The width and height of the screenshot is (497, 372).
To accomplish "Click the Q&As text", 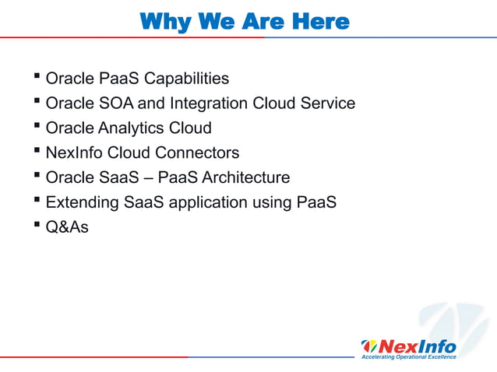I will [67, 227].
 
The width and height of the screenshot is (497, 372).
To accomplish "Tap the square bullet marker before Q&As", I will [38, 226].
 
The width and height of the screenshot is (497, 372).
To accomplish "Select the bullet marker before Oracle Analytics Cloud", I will [38, 127].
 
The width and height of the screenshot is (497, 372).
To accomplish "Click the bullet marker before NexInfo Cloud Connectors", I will [38, 152].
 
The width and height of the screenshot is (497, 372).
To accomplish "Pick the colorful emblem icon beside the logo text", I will [369, 345].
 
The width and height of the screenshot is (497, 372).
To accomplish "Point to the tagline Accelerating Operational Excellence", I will [407, 356].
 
